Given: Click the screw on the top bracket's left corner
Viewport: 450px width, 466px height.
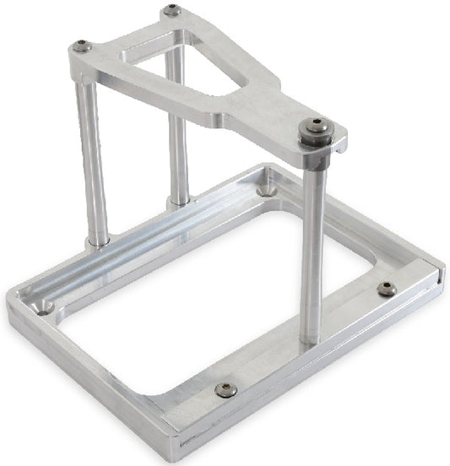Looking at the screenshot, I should [82, 46].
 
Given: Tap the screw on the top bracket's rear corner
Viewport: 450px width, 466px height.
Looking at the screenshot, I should [171, 11].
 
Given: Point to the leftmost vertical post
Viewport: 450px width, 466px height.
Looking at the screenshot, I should [92, 160].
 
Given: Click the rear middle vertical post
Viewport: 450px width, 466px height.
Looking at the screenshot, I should [178, 127].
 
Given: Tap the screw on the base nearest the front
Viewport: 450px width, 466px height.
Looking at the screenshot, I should [225, 389].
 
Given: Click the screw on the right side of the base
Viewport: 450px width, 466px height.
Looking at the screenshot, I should [386, 289].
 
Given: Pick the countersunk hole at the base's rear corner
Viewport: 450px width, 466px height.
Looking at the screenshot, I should [267, 190].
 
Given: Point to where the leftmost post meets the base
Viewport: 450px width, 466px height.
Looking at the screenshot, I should [98, 242].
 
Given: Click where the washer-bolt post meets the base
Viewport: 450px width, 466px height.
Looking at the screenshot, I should [311, 339].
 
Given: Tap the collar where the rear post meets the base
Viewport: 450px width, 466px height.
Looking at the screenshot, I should [180, 203].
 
